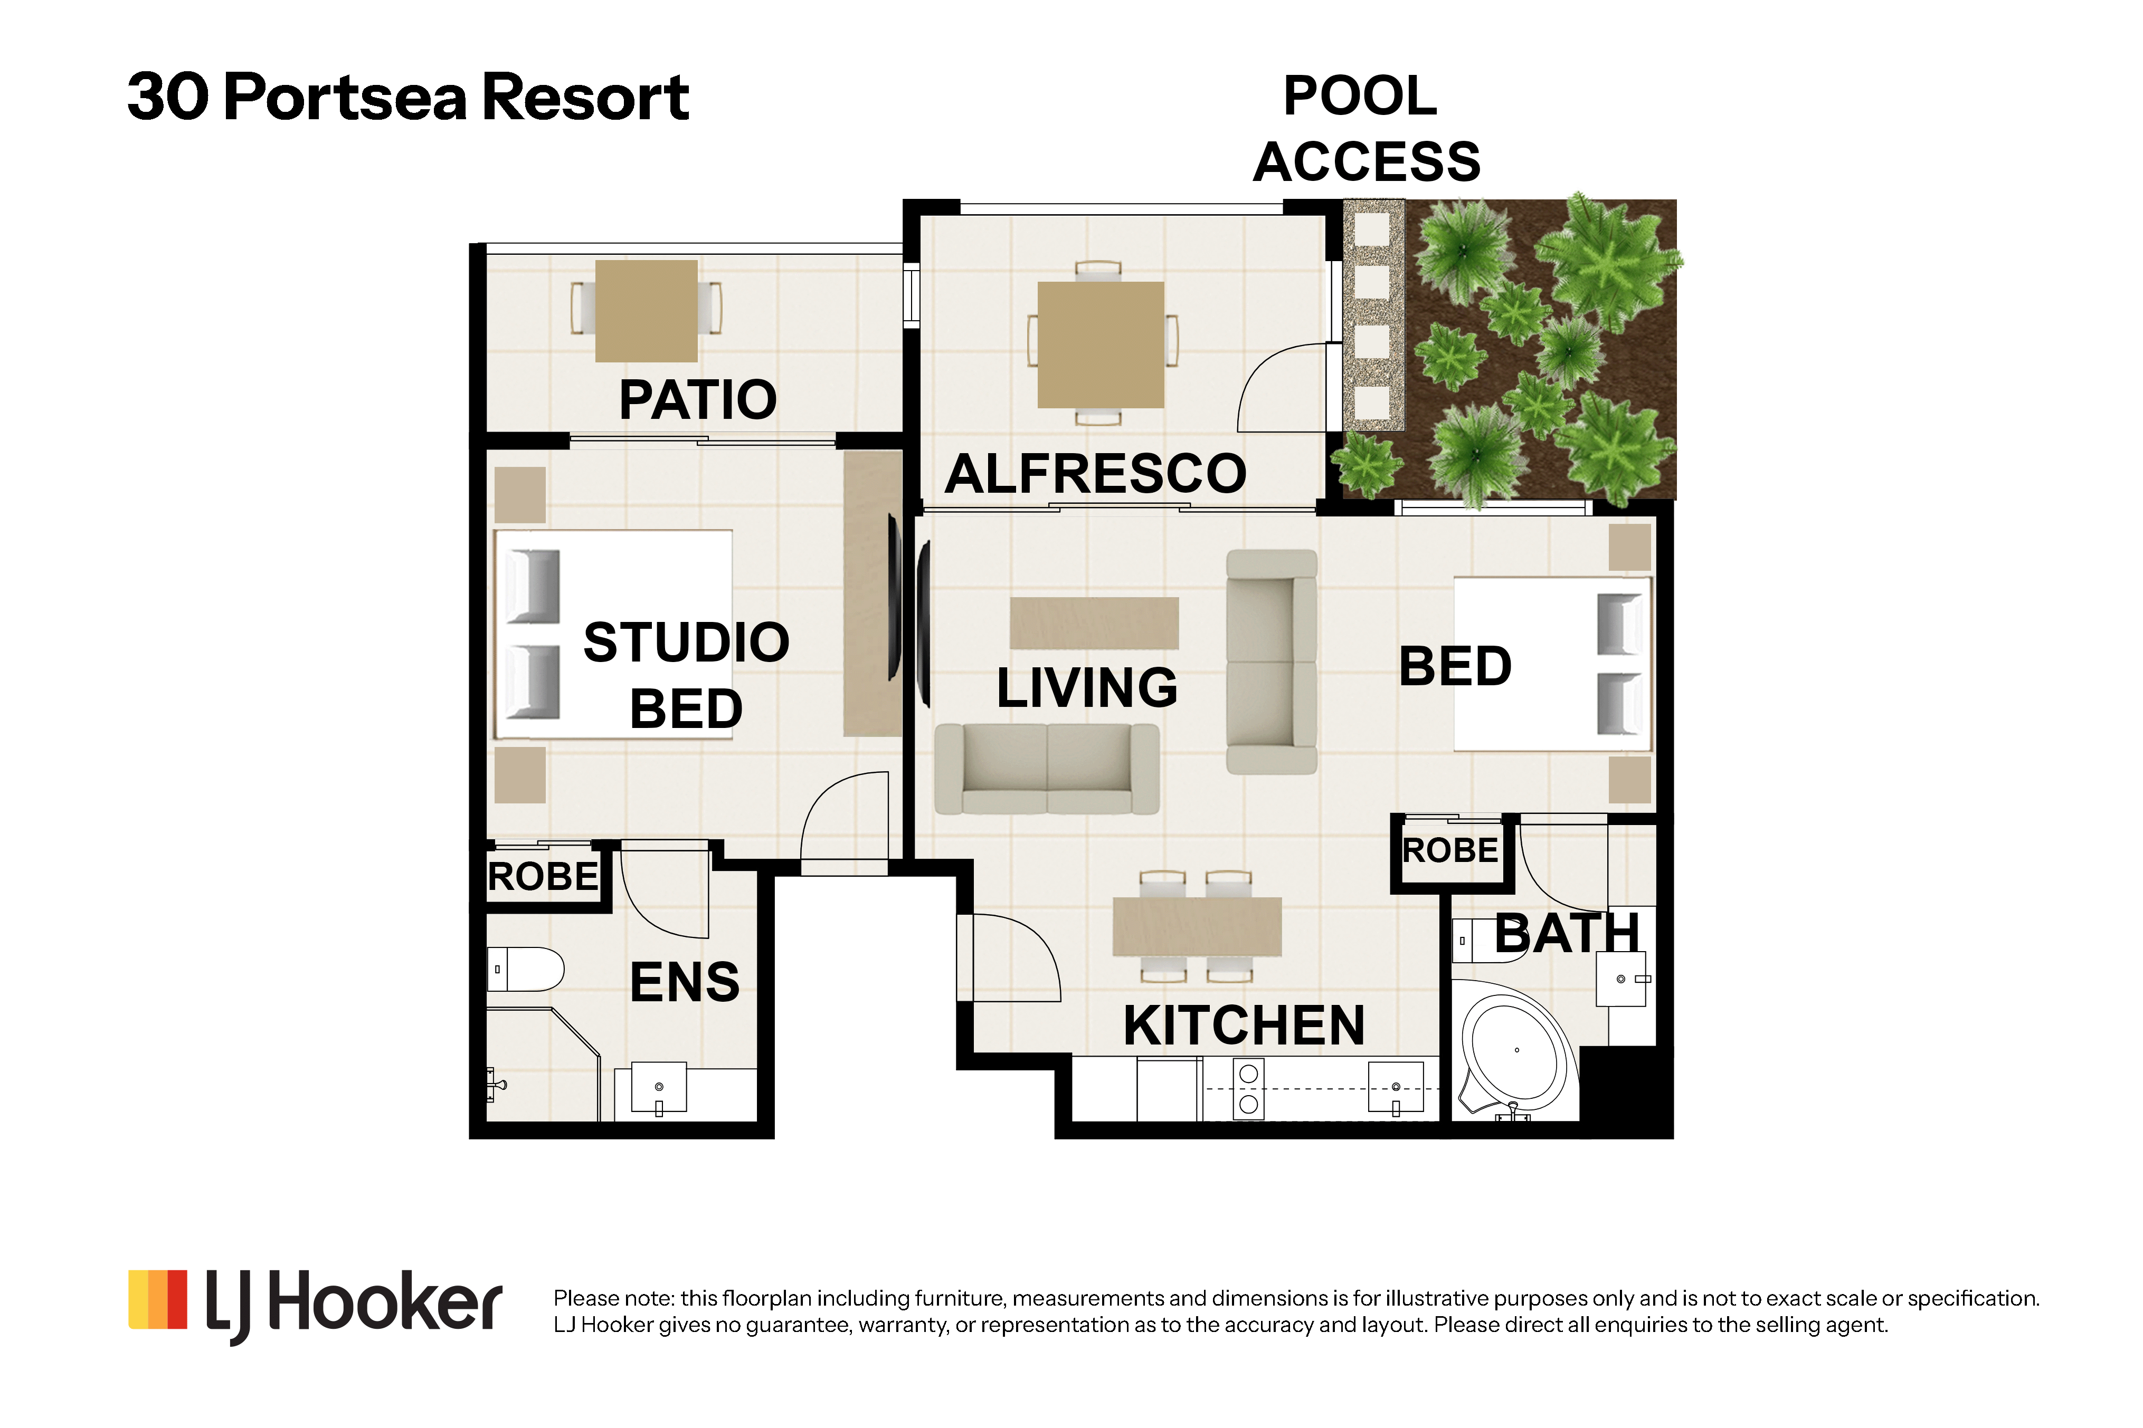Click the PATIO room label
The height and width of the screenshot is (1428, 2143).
697,400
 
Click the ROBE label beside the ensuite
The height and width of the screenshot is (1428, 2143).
543,877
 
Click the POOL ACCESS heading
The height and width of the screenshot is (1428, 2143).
1366,128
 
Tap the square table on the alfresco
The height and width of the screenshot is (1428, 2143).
1101,344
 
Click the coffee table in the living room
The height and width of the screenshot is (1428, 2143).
1094,623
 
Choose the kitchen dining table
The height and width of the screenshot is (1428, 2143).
1197,926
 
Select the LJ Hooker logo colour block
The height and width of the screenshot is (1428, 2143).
158,1300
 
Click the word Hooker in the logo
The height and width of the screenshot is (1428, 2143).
384,1302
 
